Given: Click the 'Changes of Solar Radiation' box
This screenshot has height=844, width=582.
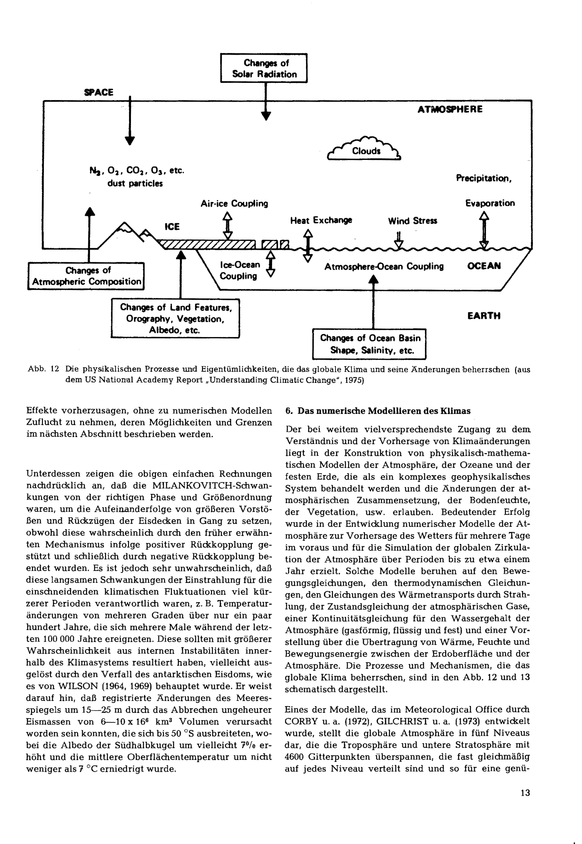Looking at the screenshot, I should coord(264,68).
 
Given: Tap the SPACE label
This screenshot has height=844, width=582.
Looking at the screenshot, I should coord(99,92).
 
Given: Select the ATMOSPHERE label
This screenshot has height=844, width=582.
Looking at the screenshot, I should coord(450,109).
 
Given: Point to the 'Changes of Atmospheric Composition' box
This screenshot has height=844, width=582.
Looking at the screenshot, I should coord(86,276).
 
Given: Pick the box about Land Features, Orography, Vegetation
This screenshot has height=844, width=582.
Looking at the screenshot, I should coord(175,319).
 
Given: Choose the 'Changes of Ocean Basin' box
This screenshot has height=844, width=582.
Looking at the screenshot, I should coord(369,344).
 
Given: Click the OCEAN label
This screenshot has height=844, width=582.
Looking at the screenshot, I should coord(484,266).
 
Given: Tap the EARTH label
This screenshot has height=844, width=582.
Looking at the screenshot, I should coord(484,316).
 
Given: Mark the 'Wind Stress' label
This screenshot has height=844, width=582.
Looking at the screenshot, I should coord(412,221).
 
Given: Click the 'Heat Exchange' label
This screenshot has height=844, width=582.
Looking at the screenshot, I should coord(321,220).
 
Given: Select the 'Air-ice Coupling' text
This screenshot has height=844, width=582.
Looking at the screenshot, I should coord(234,203).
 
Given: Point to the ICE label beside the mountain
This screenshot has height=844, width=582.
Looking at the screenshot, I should coord(172,227).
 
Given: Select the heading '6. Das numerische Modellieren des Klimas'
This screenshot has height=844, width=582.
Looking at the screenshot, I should coord(378,411).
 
